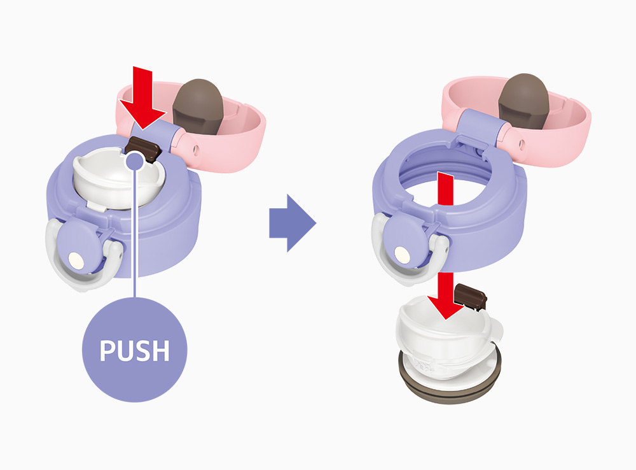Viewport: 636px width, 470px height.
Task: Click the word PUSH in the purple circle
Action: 135,351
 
